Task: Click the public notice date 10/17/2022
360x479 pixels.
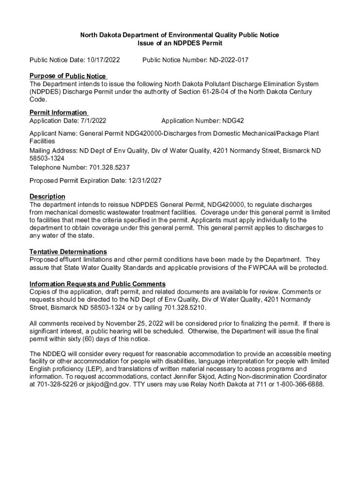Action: pyautogui.click(x=103, y=60)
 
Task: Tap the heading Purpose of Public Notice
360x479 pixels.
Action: pyautogui.click(x=68, y=76)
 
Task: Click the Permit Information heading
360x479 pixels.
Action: pyautogui.click(x=58, y=113)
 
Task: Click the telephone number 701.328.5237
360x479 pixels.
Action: pyautogui.click(x=109, y=167)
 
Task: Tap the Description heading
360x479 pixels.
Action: pyautogui.click(x=47, y=196)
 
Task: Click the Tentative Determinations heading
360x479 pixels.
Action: pyautogui.click(x=68, y=252)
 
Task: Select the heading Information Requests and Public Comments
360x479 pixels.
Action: pyautogui.click(x=97, y=284)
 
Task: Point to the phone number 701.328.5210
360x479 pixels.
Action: pyautogui.click(x=185, y=307)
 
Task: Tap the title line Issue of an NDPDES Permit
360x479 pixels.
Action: pyautogui.click(x=180, y=43)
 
